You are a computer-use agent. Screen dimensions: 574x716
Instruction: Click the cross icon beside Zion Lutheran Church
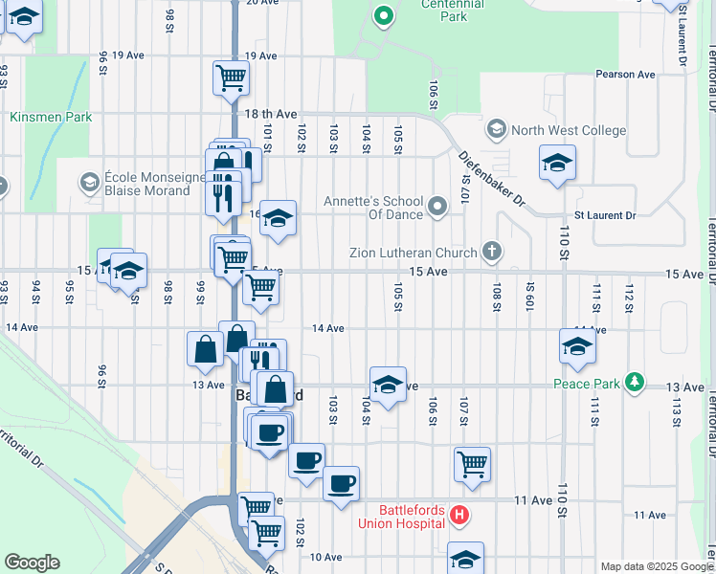point(492,253)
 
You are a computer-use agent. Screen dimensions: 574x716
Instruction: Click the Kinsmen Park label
point(51,117)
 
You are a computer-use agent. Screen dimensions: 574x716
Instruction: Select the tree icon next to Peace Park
point(633,383)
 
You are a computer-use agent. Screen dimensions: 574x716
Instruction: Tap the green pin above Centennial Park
point(383,15)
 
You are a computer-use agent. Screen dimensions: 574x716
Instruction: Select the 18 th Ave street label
point(272,114)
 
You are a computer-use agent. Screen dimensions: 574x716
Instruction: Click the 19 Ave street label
point(127,55)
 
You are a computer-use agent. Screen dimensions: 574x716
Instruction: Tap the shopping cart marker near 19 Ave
point(231,77)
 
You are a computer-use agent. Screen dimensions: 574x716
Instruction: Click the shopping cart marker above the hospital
point(472,464)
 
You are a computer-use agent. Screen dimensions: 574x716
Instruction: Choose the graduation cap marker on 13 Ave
point(388,385)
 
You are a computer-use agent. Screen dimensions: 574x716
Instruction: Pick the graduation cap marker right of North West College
point(557,163)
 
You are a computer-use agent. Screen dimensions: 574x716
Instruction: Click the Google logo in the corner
point(32,563)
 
